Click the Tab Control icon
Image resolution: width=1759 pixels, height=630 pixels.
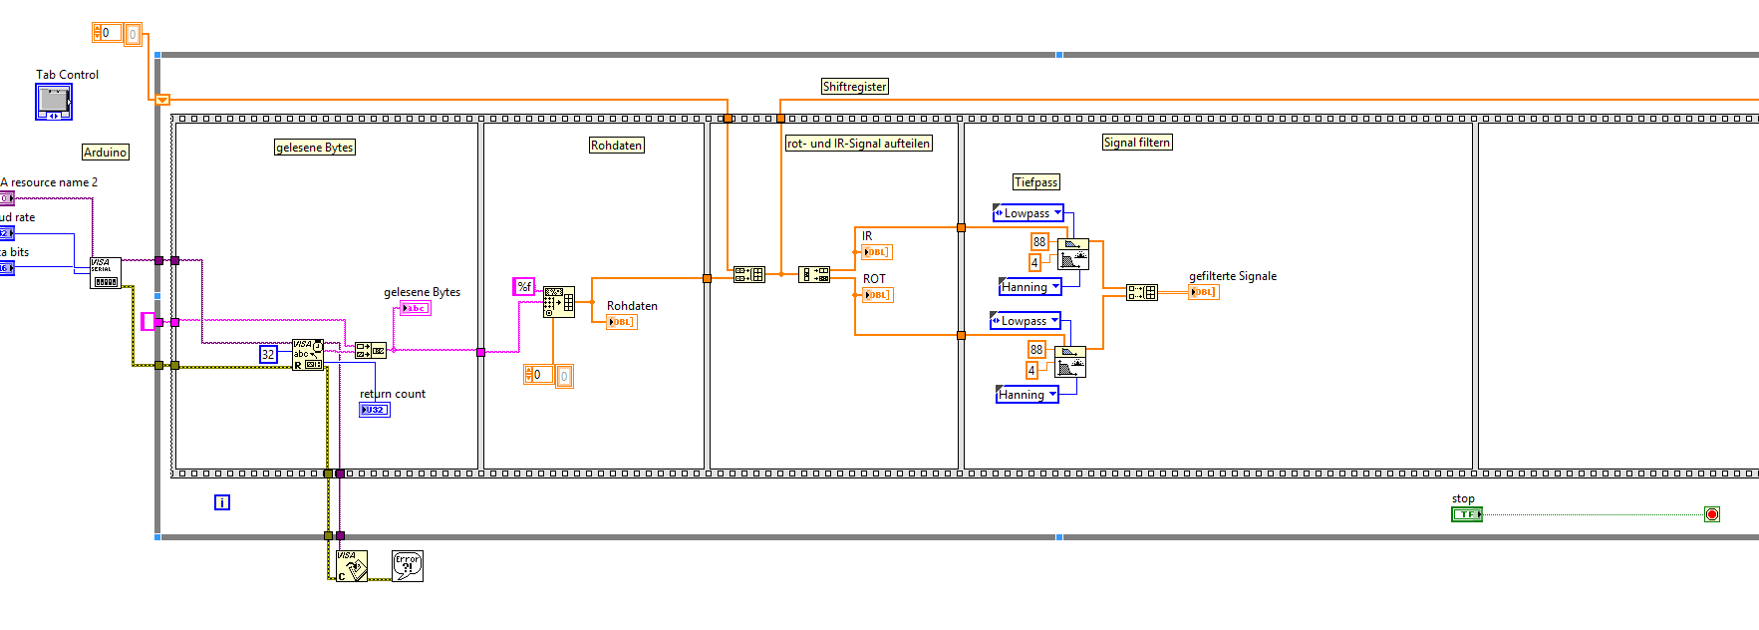54,102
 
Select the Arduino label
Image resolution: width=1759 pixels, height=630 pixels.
106,153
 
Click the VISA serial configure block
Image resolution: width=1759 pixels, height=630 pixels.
105,272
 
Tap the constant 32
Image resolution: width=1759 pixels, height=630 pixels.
268,354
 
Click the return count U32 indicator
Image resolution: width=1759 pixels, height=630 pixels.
375,410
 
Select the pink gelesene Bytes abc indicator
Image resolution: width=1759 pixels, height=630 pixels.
415,308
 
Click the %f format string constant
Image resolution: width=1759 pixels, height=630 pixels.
524,287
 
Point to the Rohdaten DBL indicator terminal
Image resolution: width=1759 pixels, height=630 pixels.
621,322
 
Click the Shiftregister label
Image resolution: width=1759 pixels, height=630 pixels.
854,87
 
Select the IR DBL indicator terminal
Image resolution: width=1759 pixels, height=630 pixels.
876,252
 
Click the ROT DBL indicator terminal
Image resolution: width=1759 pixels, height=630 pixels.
877,295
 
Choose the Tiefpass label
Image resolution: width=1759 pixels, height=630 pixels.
1035,182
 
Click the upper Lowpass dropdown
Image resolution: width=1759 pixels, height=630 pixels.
1028,213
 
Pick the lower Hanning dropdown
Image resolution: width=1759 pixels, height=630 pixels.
1026,395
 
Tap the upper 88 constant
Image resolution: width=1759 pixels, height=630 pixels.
1039,241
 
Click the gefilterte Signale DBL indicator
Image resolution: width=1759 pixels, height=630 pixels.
1204,292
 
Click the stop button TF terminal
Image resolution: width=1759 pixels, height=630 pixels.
1466,514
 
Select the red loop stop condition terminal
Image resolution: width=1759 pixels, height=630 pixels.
1712,514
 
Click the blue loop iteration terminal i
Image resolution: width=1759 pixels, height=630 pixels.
222,502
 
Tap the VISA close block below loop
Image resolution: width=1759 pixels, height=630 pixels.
351,566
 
